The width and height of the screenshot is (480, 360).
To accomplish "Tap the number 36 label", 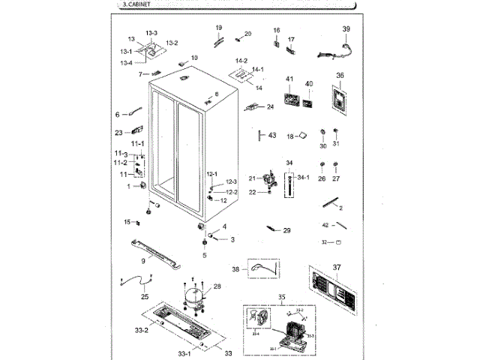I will tap(340, 76).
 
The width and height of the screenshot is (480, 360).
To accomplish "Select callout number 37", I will tap(337, 267).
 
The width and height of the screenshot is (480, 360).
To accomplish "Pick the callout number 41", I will tap(289, 79).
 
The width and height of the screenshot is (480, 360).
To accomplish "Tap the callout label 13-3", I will tap(151, 33).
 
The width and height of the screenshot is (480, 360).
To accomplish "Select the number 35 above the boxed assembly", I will tap(281, 298).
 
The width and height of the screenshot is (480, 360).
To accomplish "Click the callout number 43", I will tap(272, 136).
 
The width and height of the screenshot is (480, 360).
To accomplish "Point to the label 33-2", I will tap(141, 329).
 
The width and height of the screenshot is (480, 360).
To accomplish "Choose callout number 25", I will tap(145, 296).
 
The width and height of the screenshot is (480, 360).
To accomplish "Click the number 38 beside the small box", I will tap(235, 269).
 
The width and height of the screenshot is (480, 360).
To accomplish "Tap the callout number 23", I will tap(118, 133).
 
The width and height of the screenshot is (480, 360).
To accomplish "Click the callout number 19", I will tap(219, 28).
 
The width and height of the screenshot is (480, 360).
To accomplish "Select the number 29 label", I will tap(286, 230).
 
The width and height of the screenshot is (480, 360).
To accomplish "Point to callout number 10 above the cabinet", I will tap(193, 58).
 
